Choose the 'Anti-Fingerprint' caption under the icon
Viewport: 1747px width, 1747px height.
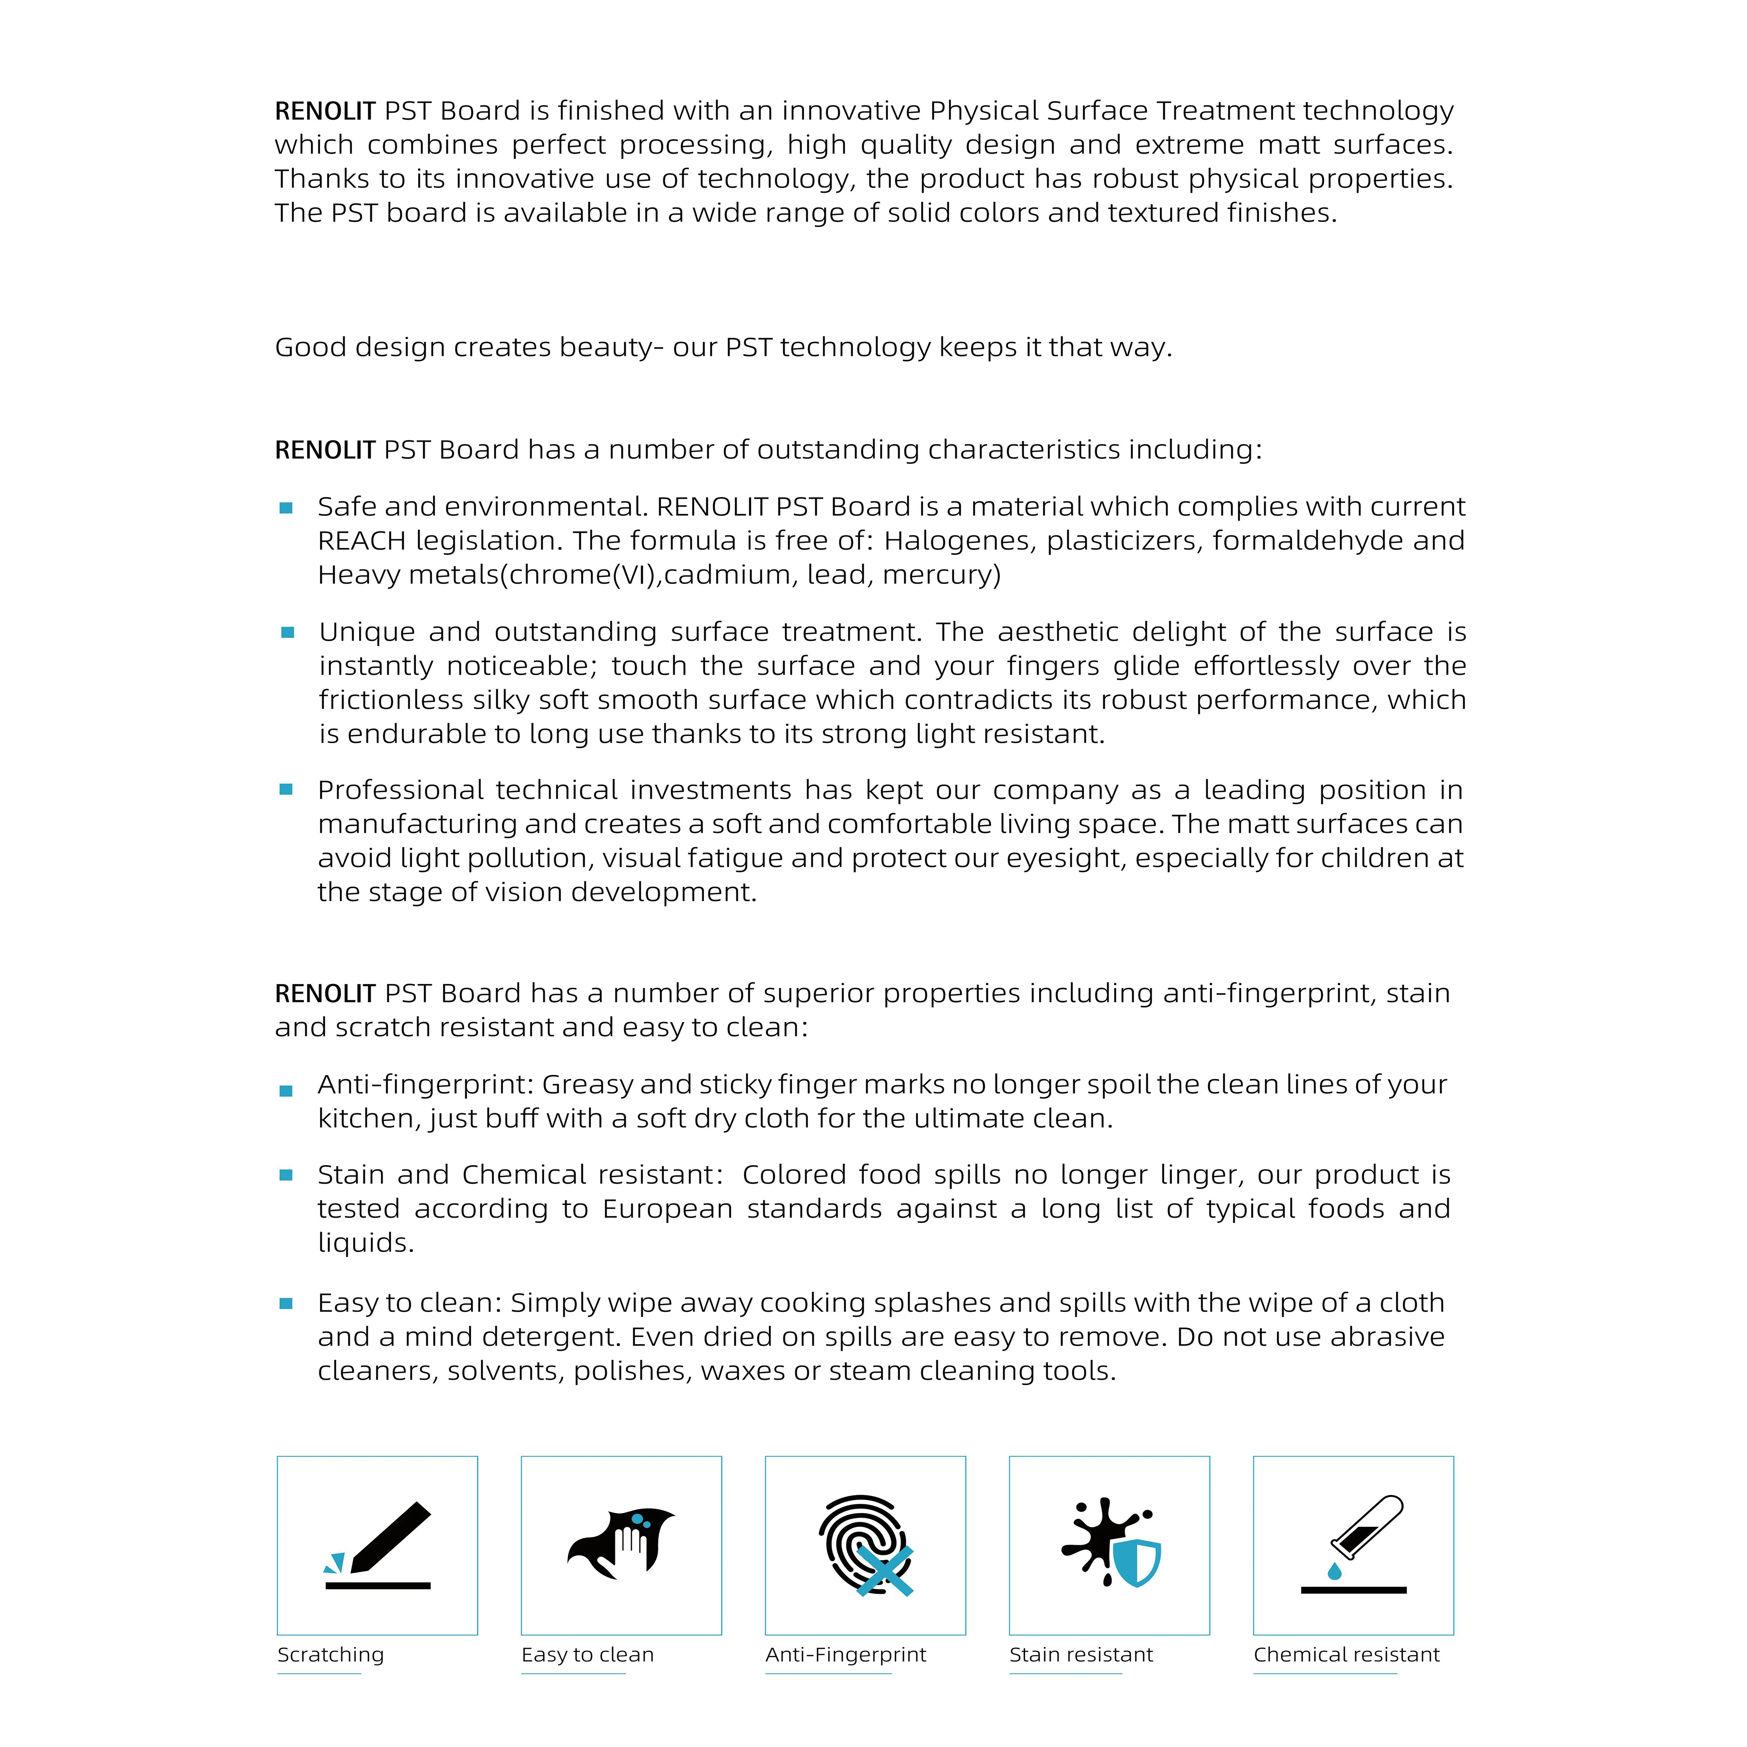(846, 1655)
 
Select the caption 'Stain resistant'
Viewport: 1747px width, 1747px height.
(1081, 1655)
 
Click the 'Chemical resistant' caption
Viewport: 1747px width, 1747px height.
(1346, 1655)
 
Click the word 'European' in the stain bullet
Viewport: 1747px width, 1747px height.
(667, 1209)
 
